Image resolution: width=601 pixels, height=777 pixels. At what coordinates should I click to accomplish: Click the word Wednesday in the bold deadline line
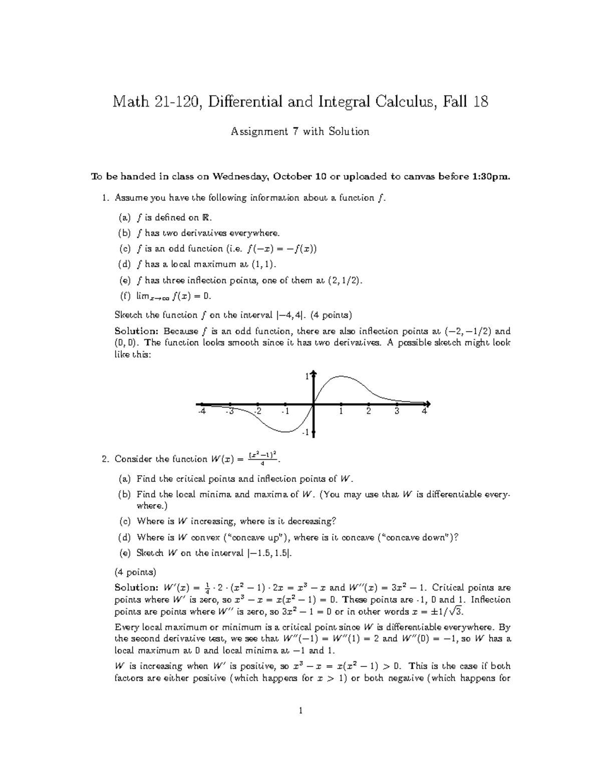point(241,176)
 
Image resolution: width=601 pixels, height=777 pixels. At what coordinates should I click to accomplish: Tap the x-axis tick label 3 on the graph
point(397,412)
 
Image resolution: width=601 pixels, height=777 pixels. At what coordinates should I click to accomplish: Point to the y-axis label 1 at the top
point(308,377)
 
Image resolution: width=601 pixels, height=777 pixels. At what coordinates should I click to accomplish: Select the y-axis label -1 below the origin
point(306,432)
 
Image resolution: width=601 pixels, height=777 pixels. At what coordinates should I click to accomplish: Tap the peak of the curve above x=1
point(342,376)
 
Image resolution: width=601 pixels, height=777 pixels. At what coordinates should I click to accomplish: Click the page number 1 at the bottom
point(300,710)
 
